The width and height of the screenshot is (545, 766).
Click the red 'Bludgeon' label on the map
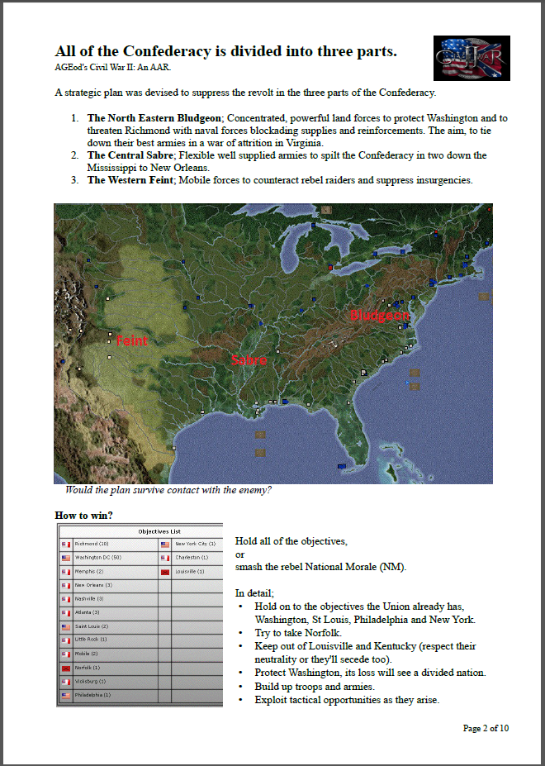tap(379, 315)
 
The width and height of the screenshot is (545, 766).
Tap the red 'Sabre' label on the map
tap(249, 360)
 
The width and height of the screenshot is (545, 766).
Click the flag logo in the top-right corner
tap(472, 58)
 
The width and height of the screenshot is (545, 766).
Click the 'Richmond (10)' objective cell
tap(107, 545)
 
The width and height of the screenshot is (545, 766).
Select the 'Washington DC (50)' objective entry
tap(107, 558)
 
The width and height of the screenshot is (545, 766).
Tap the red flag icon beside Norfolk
tap(66, 668)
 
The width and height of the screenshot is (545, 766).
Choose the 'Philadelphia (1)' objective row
tap(107, 695)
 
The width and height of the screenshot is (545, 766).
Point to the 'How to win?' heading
tap(84, 516)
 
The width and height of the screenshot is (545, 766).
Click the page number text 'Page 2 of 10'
tap(486, 728)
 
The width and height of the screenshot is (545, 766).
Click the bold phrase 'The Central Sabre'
tap(128, 155)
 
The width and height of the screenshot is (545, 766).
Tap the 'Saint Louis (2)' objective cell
tap(107, 626)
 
